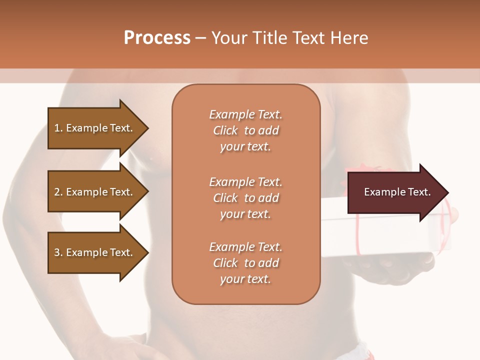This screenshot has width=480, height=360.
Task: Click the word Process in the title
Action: coord(157,38)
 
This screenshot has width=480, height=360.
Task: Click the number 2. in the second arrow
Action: coord(58,192)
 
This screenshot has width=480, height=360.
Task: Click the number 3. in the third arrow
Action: coord(58,252)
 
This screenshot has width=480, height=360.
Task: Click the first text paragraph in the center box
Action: coord(245,130)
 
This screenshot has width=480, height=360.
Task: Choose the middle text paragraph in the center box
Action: coord(245,198)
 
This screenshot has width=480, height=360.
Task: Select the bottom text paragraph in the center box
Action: coord(245,263)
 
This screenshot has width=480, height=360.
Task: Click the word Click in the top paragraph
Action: coord(225,130)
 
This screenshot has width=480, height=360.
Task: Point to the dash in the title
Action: coord(201,38)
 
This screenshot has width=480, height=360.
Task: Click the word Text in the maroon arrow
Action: coord(419,192)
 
